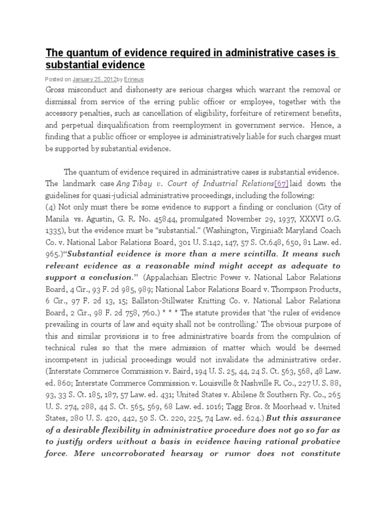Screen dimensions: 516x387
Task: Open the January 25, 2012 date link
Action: pos(94,79)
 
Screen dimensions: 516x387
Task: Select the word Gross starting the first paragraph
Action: pos(57,89)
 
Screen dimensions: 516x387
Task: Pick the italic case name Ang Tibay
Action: pos(132,183)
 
